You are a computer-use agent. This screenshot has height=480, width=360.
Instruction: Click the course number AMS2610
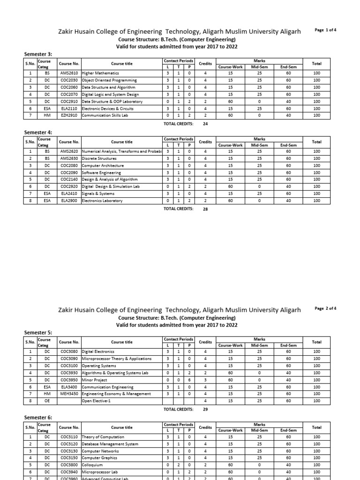pos(69,74)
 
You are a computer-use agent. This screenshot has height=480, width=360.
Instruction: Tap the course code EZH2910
pos(69,115)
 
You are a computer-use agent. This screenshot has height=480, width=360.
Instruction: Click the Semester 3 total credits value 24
pos(205,124)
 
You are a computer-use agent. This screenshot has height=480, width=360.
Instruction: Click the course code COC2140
pos(69,180)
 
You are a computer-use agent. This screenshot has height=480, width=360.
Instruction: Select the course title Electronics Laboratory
pos(102,201)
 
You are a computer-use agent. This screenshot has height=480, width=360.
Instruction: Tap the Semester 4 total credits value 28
pos(205,209)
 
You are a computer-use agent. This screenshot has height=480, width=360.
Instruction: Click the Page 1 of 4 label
pos(326,30)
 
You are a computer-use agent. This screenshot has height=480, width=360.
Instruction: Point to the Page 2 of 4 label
pos(326,308)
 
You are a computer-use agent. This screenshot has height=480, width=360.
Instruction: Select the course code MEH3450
pos(69,394)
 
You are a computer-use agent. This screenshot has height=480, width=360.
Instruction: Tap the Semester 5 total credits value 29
pos(205,409)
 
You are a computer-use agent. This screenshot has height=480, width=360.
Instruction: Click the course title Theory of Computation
pos(103,437)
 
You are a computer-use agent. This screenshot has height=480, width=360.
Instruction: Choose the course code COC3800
pos(69,465)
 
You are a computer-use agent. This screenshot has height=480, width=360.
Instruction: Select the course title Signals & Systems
pos(98,194)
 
